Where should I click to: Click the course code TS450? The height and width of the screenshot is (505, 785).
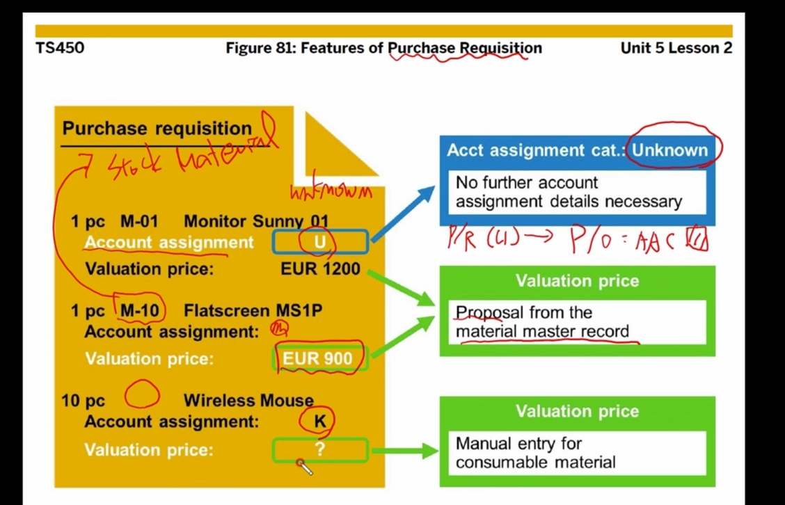tap(60, 49)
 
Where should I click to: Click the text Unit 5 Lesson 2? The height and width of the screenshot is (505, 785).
tap(676, 49)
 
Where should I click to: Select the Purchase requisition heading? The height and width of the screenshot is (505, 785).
tap(157, 129)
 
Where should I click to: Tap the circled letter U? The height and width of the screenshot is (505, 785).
tap(320, 242)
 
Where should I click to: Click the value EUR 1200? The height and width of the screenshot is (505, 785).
tap(320, 268)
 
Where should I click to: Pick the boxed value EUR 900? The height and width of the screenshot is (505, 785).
tap(317, 359)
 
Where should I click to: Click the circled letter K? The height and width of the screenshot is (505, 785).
tap(319, 422)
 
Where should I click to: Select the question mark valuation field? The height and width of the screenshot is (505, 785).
tap(319, 449)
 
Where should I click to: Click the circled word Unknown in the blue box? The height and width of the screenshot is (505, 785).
tap(669, 150)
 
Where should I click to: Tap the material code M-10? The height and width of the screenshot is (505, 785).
tap(140, 310)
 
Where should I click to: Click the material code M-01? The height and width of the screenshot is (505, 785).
tap(139, 222)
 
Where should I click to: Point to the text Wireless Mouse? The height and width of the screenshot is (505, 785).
tap(248, 401)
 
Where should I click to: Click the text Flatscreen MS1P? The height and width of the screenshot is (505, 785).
tap(253, 310)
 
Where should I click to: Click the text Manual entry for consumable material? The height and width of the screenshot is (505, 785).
tap(536, 452)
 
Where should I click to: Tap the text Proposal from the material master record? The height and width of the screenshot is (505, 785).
tap(541, 322)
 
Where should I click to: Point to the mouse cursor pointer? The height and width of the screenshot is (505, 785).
tap(304, 467)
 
